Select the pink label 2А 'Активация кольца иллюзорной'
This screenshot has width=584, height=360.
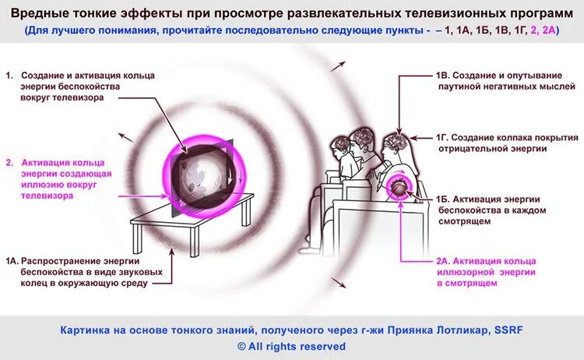pos(491,277)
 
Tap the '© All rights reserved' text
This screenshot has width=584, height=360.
pos(291,346)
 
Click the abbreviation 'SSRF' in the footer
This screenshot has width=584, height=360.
pos(507,330)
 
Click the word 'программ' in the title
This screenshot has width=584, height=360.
pos(530,15)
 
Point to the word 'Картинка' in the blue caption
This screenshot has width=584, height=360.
pos(83,330)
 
